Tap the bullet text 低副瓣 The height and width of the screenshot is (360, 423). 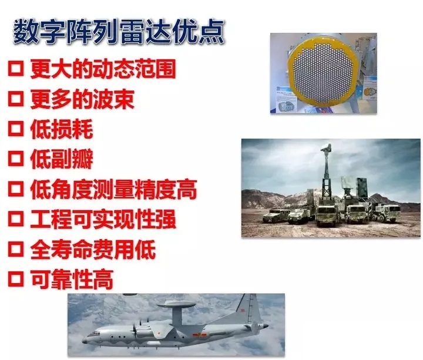(61, 159)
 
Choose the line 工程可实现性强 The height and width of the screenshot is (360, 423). (103, 220)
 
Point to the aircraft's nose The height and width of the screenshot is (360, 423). (89, 340)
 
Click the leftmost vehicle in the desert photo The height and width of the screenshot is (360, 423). (276, 215)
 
